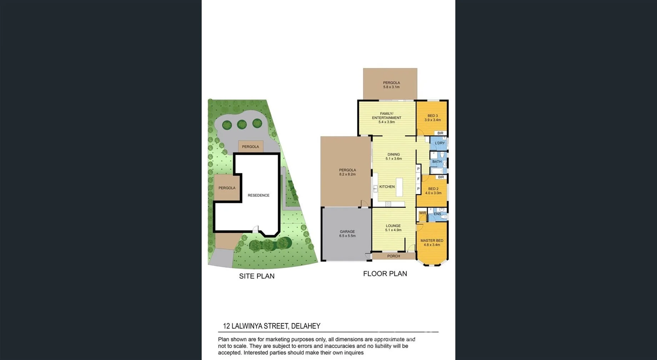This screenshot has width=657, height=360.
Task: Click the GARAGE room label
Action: click(x=347, y=231)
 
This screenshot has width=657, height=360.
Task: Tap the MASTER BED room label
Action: click(x=432, y=241)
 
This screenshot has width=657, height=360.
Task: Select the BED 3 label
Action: click(x=432, y=116)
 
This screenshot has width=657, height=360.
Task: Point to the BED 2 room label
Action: click(x=433, y=189)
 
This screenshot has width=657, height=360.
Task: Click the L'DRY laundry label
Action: click(x=440, y=143)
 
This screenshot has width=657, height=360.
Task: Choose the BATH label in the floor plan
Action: click(x=437, y=162)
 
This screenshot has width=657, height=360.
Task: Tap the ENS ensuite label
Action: click(x=437, y=214)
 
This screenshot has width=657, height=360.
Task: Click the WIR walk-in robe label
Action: click(x=422, y=213)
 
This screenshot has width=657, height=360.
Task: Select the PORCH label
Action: click(x=393, y=256)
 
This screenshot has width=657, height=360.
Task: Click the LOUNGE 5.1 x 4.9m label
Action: click(x=393, y=228)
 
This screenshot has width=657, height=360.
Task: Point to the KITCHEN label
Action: click(x=387, y=187)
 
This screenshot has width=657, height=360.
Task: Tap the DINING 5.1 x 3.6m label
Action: click(x=393, y=156)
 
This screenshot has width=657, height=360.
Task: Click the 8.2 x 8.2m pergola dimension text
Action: click(x=347, y=175)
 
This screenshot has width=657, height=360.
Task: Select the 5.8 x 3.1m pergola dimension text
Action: click(x=391, y=87)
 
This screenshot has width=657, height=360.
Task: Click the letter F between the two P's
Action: click(x=418, y=179)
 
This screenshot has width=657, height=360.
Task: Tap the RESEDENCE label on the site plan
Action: click(x=259, y=195)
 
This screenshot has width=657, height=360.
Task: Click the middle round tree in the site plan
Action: click(x=242, y=125)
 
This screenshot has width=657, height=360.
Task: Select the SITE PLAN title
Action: click(x=257, y=276)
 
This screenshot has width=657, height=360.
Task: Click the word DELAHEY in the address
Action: click(x=306, y=326)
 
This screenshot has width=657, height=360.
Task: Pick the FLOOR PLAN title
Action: click(x=385, y=274)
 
